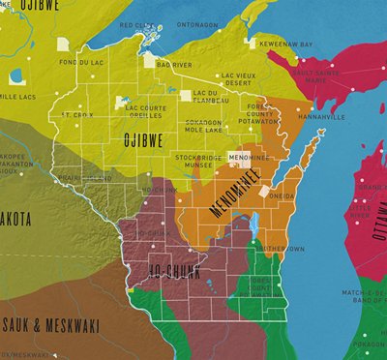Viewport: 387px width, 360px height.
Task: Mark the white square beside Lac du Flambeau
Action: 186,95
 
